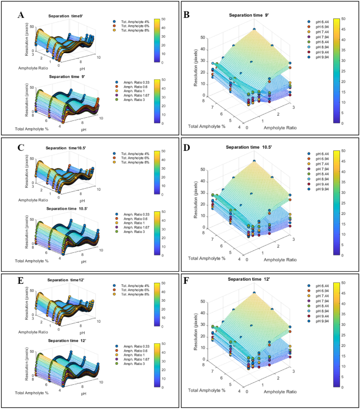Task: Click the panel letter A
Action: coord(21,15)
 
